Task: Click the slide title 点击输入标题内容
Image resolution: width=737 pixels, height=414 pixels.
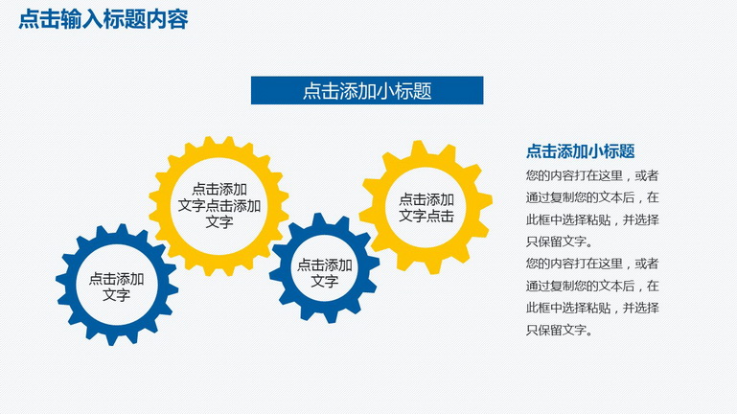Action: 104,20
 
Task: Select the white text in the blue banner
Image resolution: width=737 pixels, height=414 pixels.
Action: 367,91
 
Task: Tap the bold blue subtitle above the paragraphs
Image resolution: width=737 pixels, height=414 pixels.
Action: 580,151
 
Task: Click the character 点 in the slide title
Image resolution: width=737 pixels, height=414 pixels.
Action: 29,20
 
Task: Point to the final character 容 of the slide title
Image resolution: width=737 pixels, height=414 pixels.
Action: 178,20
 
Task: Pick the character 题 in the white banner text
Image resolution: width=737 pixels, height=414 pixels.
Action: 423,91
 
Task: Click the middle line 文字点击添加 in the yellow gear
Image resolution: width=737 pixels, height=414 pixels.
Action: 219,205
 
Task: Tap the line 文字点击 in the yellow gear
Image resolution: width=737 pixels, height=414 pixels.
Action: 426,216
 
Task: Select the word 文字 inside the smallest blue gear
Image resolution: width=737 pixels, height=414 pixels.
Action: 325,281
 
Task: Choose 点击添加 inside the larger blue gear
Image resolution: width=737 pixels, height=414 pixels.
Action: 116,279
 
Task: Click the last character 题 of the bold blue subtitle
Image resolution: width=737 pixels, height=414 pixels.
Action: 627,151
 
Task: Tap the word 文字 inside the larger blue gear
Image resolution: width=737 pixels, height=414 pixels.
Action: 116,295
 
